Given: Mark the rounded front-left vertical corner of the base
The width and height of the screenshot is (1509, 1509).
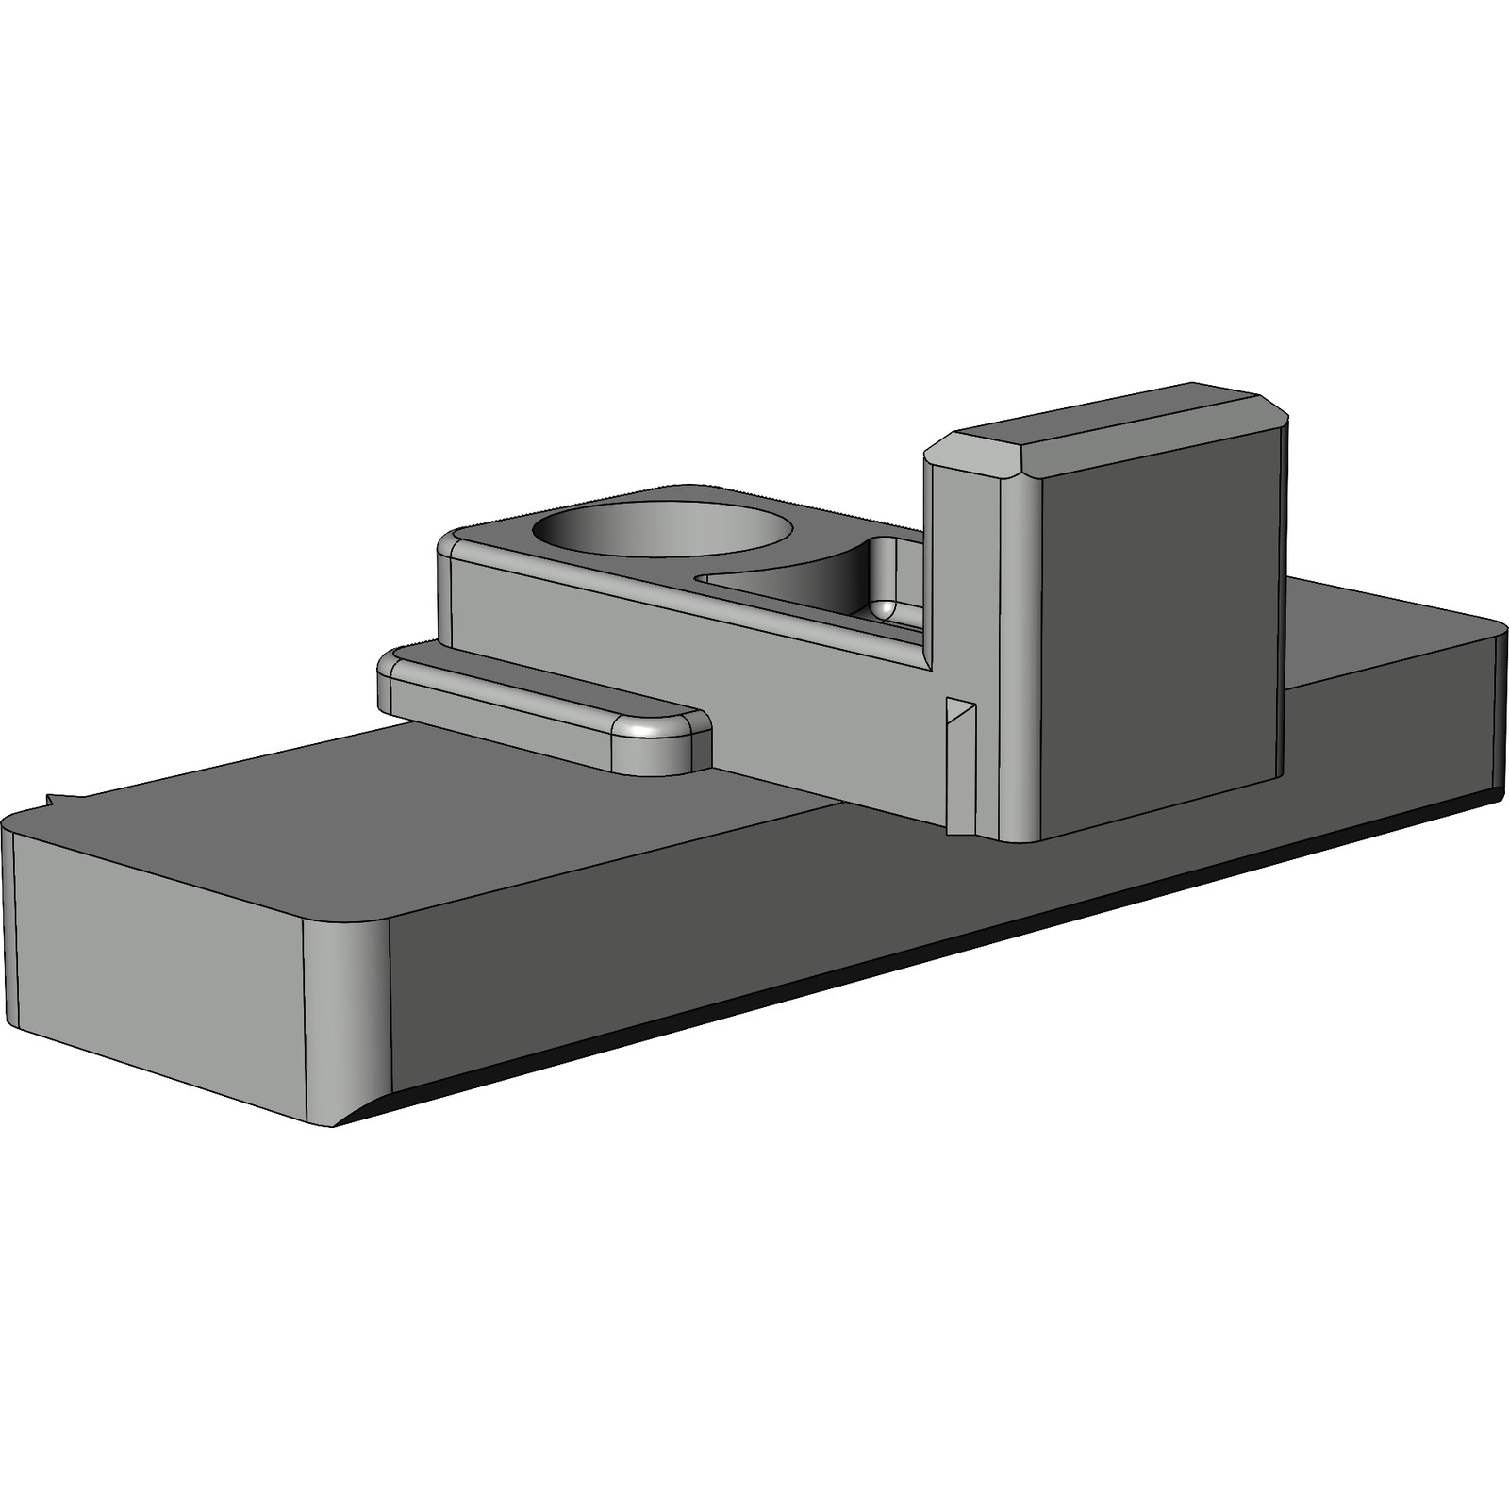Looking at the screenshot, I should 344,1019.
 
